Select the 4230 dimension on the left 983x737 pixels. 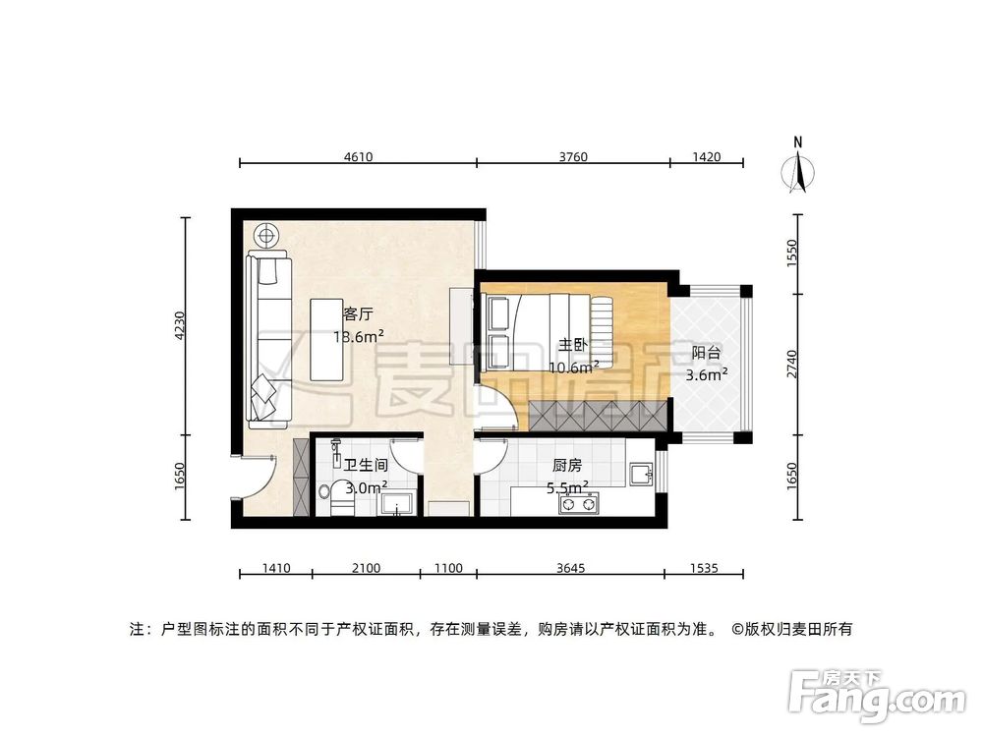click(x=179, y=325)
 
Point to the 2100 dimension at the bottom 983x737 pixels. click(x=366, y=567)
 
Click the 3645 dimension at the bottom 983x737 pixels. click(x=570, y=567)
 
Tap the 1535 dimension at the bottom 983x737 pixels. click(x=703, y=567)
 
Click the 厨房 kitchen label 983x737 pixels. click(x=567, y=465)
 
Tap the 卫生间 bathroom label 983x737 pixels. click(x=365, y=465)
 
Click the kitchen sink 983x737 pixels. click(x=641, y=476)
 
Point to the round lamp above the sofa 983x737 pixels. click(x=265, y=235)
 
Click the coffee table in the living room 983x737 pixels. click(x=326, y=339)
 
